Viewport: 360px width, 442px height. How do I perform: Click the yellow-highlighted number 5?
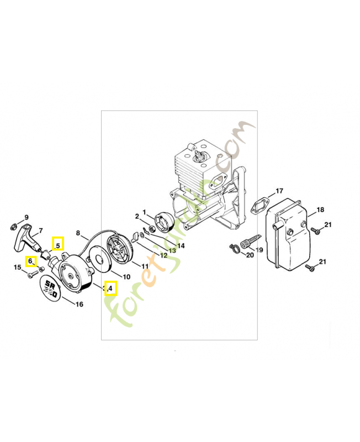click(x=57, y=244)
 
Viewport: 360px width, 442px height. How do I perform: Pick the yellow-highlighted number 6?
click(x=31, y=261)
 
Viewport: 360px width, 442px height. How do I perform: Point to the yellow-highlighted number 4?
click(x=110, y=288)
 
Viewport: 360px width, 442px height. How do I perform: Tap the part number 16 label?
click(x=80, y=303)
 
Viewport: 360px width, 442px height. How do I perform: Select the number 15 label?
click(x=17, y=267)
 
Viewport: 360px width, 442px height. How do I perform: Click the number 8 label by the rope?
click(x=78, y=233)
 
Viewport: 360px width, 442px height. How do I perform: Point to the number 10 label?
click(x=126, y=277)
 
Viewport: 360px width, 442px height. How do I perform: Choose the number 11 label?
click(x=145, y=266)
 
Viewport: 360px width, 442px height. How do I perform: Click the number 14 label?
click(x=181, y=245)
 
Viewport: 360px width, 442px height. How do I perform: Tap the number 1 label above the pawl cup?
click(x=144, y=212)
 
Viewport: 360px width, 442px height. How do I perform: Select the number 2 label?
click(x=136, y=216)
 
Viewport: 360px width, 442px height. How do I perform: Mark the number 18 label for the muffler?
click(x=320, y=211)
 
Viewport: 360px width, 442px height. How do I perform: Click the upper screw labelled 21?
click(x=316, y=230)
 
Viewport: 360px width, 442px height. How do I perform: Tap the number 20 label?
click(x=250, y=255)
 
